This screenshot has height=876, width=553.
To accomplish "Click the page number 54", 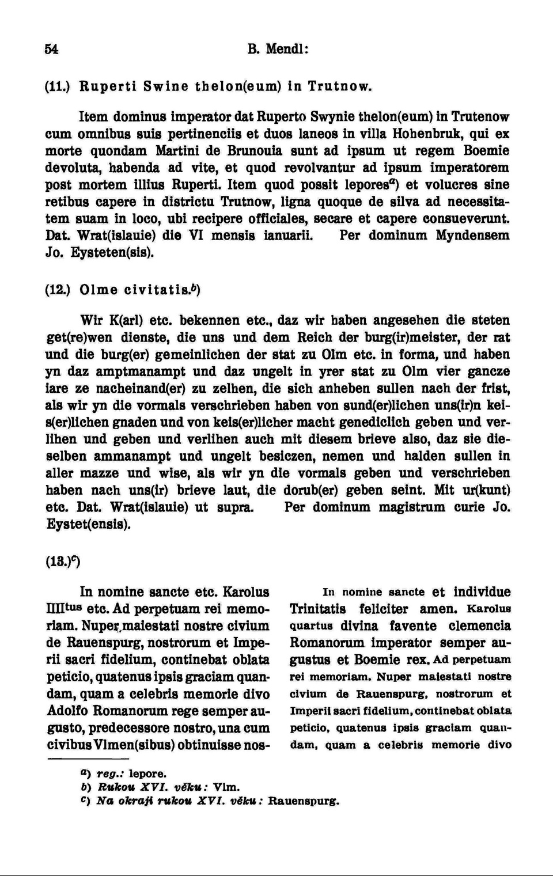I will click(x=51, y=50).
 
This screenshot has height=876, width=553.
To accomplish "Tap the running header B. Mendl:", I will click(x=278, y=50).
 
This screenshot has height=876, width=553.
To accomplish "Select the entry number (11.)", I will click(x=58, y=87).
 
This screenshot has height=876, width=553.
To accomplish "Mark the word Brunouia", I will click(x=255, y=151).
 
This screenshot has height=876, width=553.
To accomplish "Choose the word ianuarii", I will click(x=289, y=236).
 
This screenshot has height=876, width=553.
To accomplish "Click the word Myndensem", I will click(x=472, y=236).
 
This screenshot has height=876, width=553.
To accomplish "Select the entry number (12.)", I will click(x=58, y=290).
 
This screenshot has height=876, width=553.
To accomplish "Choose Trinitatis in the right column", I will click(x=317, y=609).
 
